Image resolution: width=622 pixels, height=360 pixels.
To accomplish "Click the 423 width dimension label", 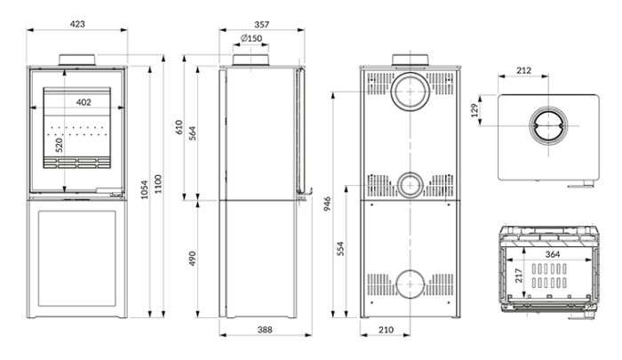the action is (77, 24).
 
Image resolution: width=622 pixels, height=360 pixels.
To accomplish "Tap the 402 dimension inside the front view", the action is (84, 102).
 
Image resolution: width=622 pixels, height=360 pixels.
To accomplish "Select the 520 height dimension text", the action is (59, 145).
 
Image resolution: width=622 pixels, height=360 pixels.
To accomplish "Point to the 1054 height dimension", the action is (144, 189).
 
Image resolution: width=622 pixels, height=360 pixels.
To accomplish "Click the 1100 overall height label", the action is (158, 184).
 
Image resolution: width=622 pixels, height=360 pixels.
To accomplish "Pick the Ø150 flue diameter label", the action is (251, 38).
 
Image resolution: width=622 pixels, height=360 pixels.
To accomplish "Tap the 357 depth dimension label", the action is (262, 24).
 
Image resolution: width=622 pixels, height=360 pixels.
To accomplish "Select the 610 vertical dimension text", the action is (179, 127).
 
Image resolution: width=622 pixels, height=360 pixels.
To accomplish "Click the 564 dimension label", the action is (193, 133).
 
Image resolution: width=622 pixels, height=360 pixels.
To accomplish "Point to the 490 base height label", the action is (193, 258).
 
